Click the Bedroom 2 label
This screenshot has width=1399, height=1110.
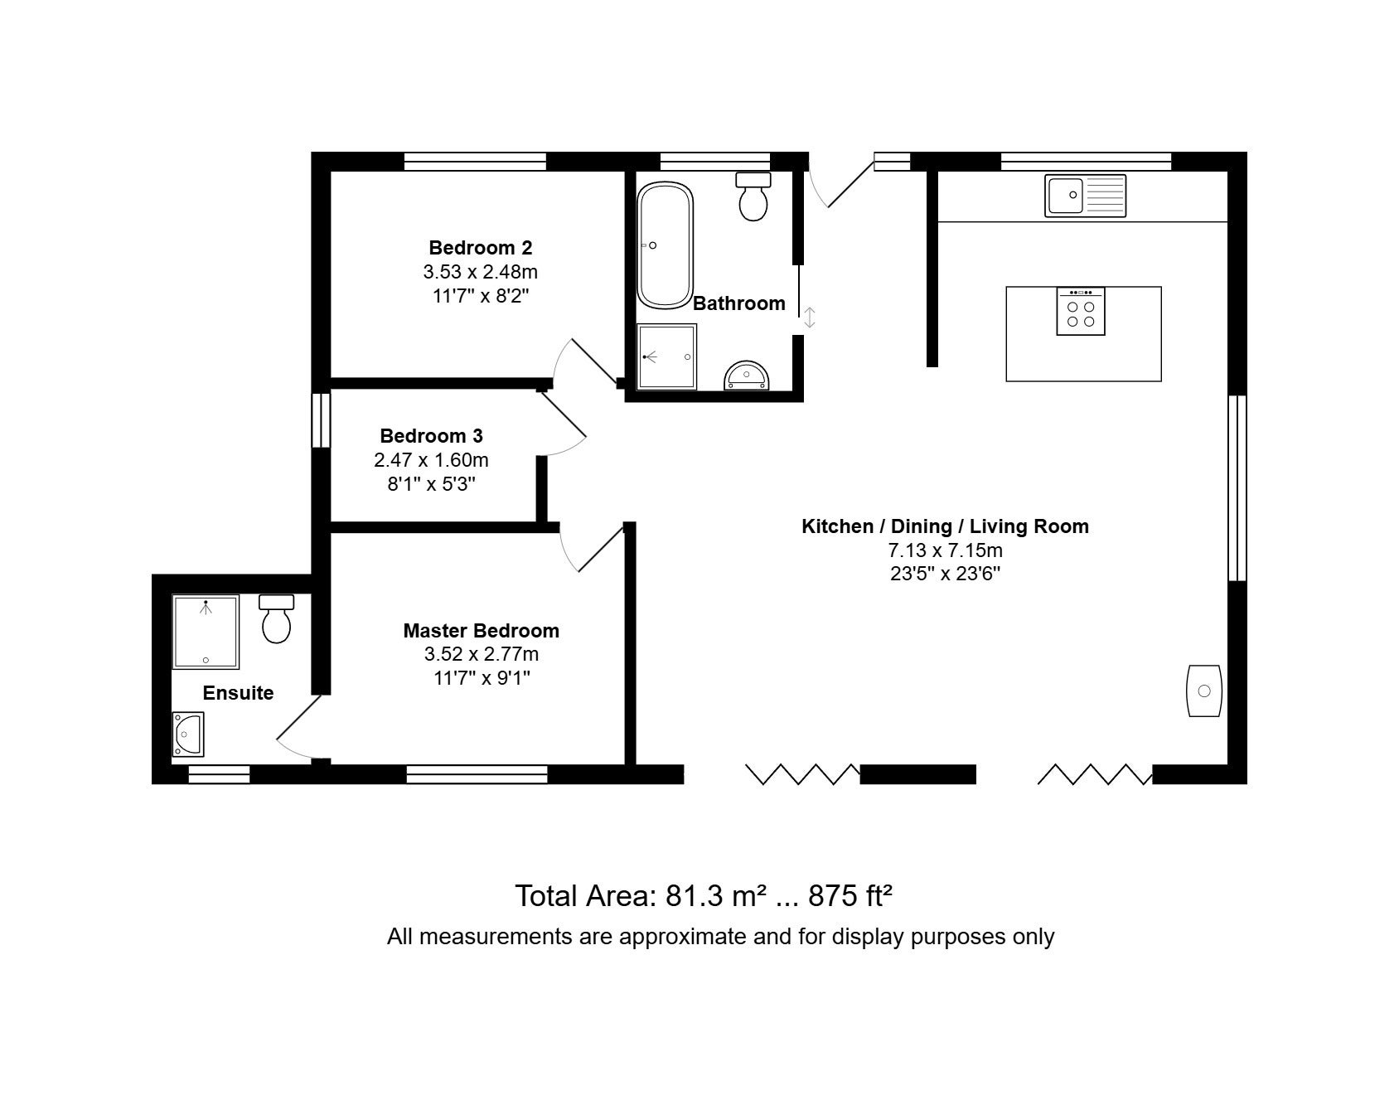[481, 247]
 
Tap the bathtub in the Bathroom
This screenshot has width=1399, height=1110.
[665, 245]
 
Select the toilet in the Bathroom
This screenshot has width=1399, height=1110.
[753, 196]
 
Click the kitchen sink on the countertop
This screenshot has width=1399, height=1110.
[1085, 196]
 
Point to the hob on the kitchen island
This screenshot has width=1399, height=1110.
[1081, 311]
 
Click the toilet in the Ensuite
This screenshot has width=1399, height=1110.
[277, 618]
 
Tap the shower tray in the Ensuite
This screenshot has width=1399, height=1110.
[206, 632]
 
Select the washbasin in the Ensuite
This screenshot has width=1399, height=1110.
[188, 734]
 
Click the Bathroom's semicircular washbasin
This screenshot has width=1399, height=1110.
[748, 376]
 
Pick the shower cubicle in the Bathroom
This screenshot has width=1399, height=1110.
[667, 356]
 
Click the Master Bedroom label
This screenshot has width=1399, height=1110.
[482, 631]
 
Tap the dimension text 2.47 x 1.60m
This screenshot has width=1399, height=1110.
[431, 459]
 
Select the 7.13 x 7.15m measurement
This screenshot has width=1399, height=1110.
[946, 550]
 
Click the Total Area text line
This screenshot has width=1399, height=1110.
[704, 895]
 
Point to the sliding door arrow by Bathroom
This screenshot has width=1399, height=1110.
[810, 317]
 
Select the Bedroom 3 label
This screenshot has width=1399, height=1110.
[431, 435]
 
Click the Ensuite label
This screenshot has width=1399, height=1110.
[238, 693]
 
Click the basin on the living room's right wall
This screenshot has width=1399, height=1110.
[1205, 691]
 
